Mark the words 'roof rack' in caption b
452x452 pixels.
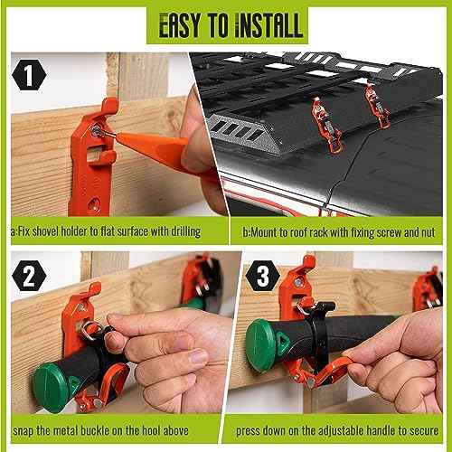point(299,231)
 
